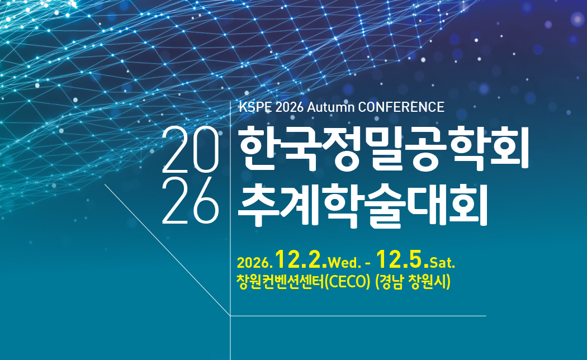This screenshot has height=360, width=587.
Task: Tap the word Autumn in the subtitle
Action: point(330,107)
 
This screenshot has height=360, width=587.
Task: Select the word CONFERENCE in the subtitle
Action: point(401,107)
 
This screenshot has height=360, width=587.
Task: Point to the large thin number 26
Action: point(191,200)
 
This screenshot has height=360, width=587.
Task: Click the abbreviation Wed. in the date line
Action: point(344,263)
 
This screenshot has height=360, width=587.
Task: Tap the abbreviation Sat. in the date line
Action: point(443,263)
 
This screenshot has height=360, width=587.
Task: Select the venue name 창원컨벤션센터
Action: point(281,282)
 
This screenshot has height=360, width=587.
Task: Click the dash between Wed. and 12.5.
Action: point(368,264)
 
